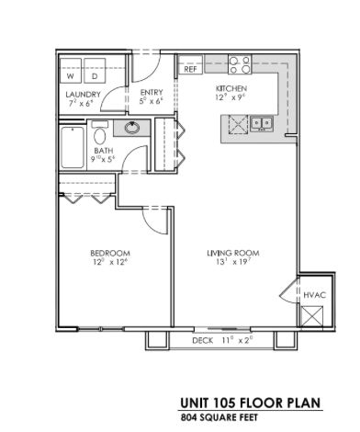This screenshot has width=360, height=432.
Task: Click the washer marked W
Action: [x=70, y=75]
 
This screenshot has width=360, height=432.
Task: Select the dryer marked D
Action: [x=93, y=75]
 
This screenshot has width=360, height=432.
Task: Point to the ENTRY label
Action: [x=151, y=93]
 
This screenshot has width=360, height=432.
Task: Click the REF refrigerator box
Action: [x=191, y=69]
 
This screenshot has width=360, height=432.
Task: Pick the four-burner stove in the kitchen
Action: [x=239, y=65]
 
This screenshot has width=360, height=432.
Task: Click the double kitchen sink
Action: [x=260, y=123]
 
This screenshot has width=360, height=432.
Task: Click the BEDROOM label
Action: [x=109, y=253]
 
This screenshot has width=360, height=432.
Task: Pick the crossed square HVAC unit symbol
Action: [x=313, y=314]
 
